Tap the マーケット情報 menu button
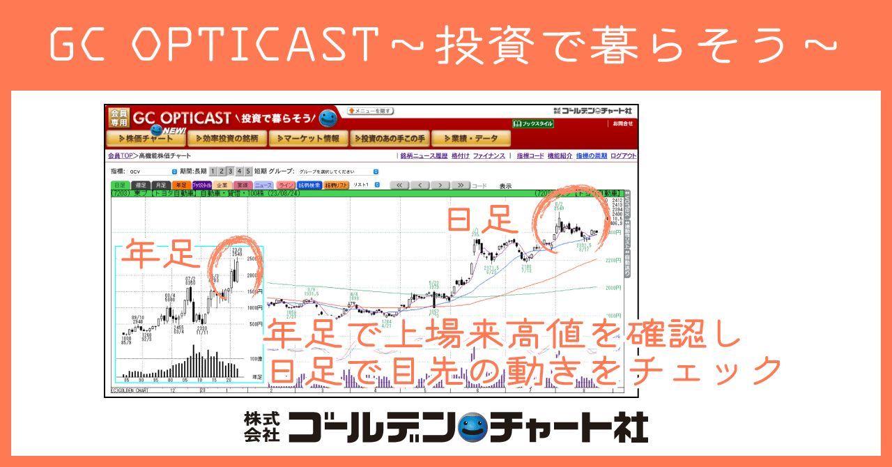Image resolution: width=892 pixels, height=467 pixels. [x=307, y=139]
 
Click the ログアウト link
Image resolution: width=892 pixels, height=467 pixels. [x=624, y=156]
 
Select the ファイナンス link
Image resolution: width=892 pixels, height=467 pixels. [x=489, y=156]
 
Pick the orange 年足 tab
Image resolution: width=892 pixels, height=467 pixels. [x=181, y=185]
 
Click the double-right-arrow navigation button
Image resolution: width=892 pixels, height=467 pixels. [x=460, y=185]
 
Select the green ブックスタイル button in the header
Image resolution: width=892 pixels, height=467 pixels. [x=533, y=123]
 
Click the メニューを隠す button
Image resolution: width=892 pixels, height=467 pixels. [x=371, y=111]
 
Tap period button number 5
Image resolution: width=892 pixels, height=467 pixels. [x=248, y=171]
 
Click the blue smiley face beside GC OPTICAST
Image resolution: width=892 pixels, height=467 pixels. [x=328, y=117]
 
